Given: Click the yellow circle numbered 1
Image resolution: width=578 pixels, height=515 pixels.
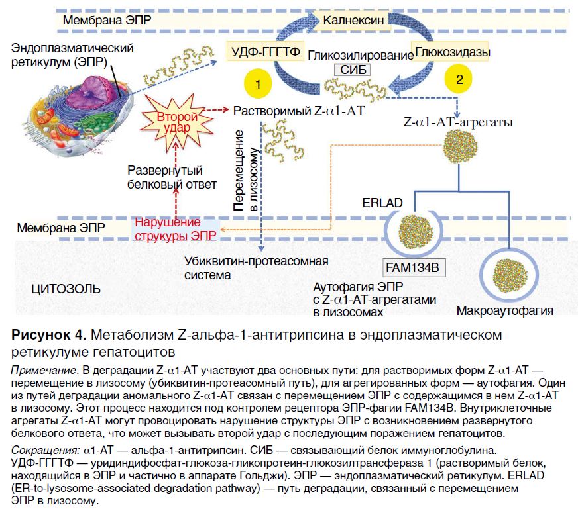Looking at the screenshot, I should tap(258, 85).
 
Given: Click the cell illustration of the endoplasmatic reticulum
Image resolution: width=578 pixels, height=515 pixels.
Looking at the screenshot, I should tap(73, 106).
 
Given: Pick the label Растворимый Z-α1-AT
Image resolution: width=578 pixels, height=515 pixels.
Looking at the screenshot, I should tap(299, 111).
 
